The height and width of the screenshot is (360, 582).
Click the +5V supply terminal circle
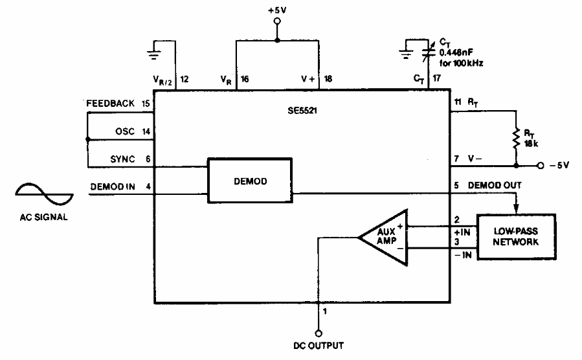click(x=277, y=21)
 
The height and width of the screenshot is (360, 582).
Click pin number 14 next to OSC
click(x=146, y=131)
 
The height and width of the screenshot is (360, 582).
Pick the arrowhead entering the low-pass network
click(x=516, y=207)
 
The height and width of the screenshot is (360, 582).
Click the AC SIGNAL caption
click(x=43, y=217)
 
